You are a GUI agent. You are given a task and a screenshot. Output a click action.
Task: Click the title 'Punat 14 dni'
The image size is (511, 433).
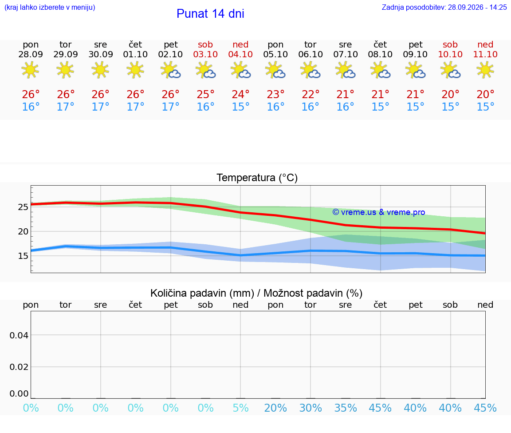210,14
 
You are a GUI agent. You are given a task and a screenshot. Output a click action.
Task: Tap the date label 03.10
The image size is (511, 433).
205,54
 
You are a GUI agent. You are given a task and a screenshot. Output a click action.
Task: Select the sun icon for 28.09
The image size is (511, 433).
30,70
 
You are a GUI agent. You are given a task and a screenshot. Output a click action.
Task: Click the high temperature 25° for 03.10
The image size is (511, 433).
205,94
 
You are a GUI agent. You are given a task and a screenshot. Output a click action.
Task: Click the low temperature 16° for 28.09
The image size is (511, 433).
31,107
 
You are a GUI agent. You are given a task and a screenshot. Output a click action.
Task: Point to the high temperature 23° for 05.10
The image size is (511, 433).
275,94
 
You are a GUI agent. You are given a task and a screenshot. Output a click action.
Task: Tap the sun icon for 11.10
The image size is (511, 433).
485,70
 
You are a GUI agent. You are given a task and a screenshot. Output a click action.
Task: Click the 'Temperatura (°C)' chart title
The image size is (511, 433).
257,178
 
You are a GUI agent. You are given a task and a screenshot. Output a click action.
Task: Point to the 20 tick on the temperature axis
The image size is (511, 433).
23,231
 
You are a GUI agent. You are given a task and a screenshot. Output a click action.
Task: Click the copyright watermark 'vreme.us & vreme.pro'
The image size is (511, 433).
379,212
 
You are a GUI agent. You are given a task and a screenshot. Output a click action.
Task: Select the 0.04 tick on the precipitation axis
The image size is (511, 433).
19,335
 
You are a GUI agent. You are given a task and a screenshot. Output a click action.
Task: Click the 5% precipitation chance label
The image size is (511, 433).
240,408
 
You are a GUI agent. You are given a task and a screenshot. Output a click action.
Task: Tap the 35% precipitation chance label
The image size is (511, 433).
346,408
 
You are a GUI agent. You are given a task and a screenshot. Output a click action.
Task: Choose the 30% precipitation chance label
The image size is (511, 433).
311,408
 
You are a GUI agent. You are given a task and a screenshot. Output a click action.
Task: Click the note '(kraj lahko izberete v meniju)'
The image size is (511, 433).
50,7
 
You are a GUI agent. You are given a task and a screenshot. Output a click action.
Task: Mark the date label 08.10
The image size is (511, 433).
380,54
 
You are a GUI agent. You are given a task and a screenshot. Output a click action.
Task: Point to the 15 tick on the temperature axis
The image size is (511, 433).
23,256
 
